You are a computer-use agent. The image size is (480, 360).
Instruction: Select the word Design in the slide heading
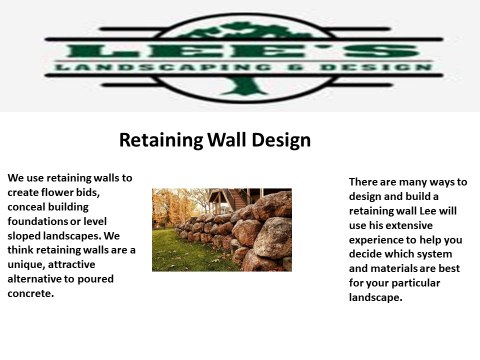[276, 140]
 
